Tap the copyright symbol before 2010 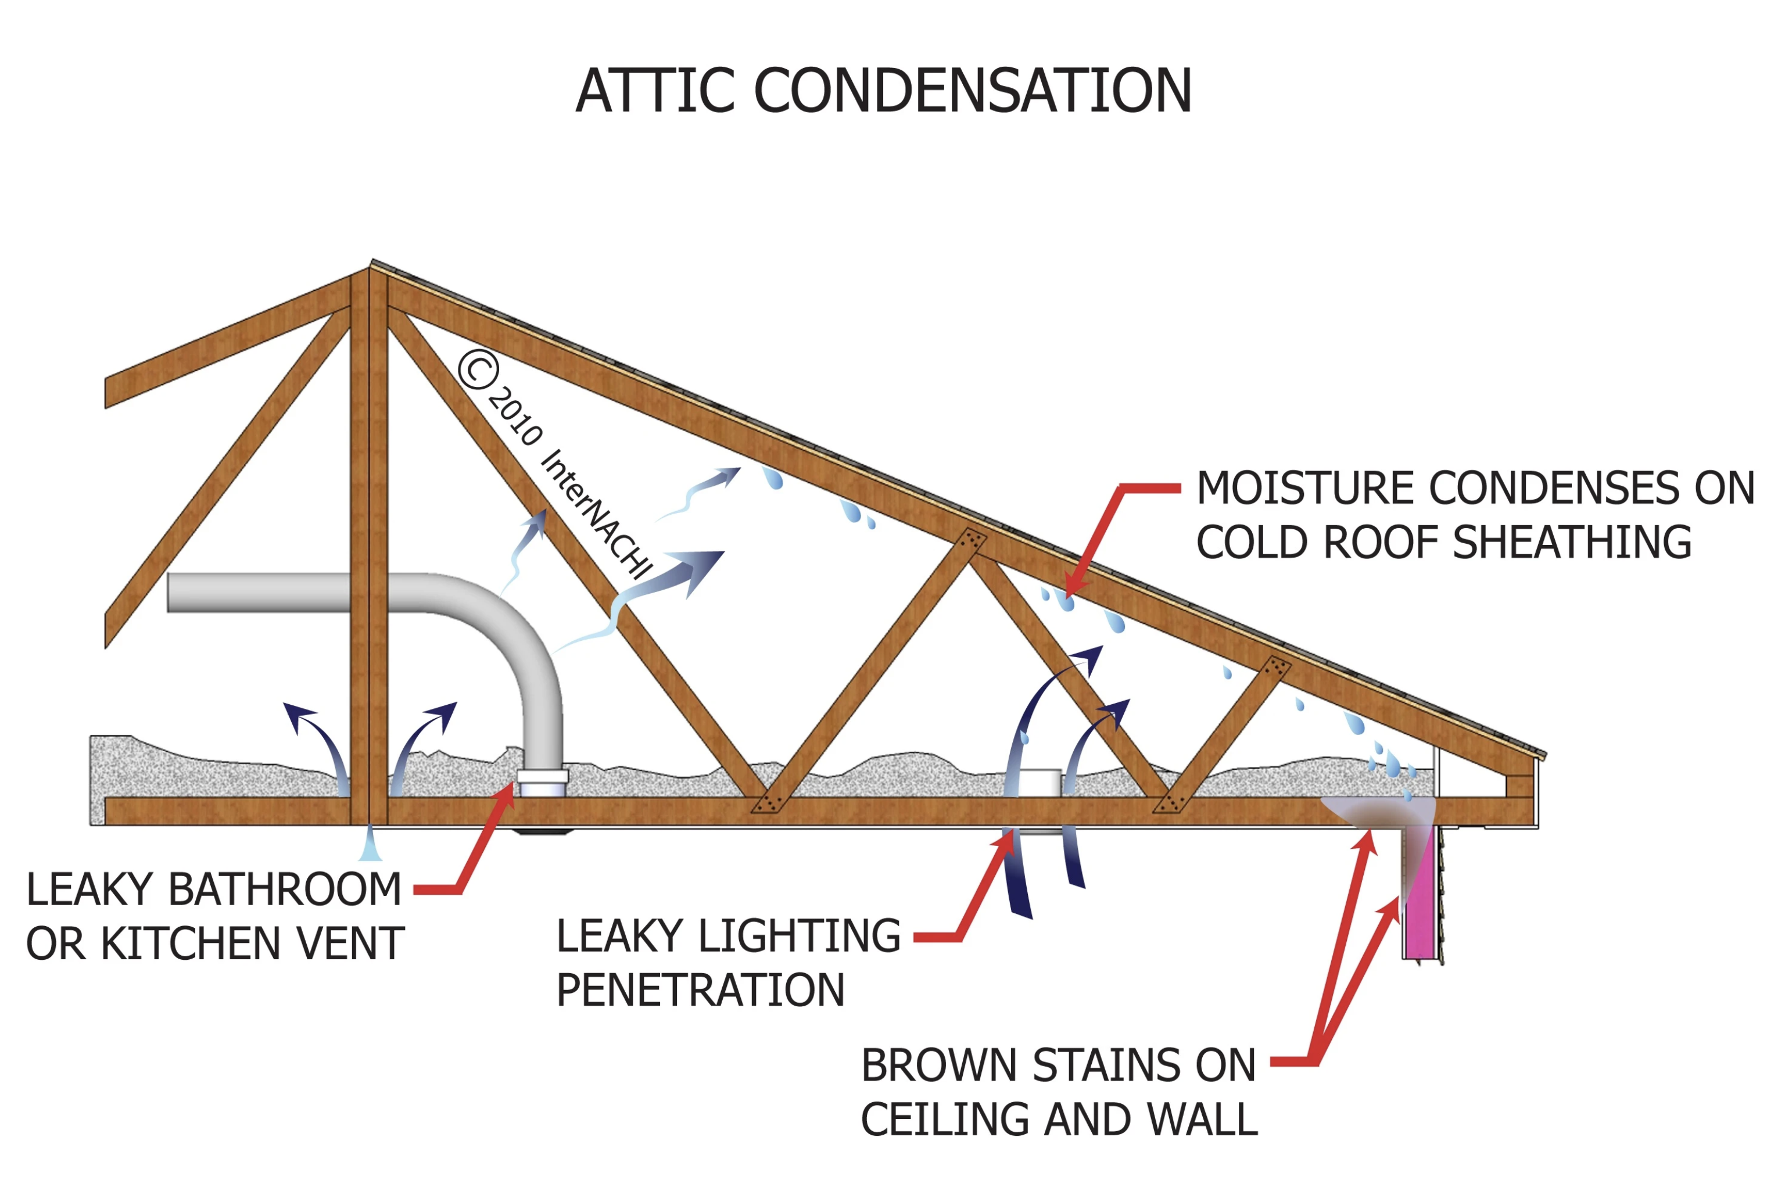[478, 369]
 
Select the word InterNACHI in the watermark [597, 514]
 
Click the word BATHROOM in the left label [284, 890]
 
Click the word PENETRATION [700, 991]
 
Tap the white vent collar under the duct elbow [543, 783]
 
